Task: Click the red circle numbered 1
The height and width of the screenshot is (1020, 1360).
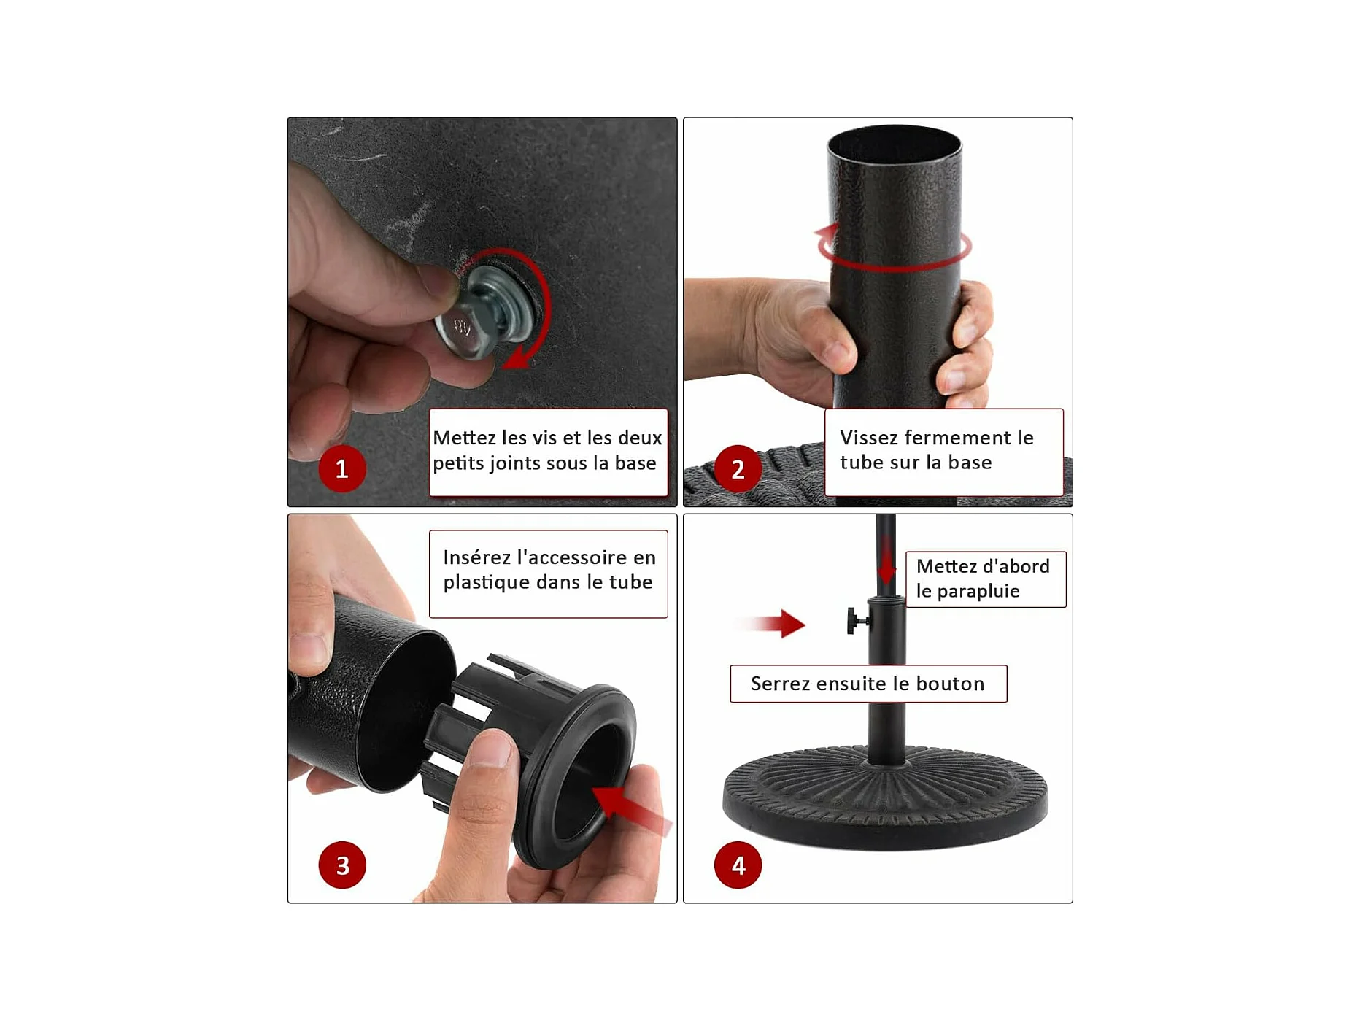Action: [341, 468]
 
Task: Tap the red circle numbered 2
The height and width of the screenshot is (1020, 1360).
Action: [738, 468]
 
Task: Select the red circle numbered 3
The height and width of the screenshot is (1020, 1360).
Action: [342, 865]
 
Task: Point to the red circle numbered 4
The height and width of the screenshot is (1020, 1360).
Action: [738, 865]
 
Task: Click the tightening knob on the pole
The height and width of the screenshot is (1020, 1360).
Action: [857, 621]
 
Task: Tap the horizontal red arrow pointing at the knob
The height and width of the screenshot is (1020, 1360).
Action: [773, 624]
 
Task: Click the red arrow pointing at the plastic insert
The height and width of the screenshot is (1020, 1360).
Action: [631, 809]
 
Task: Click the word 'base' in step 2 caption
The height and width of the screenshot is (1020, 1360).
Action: [970, 463]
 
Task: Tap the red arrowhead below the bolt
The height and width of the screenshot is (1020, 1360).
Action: [519, 358]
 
